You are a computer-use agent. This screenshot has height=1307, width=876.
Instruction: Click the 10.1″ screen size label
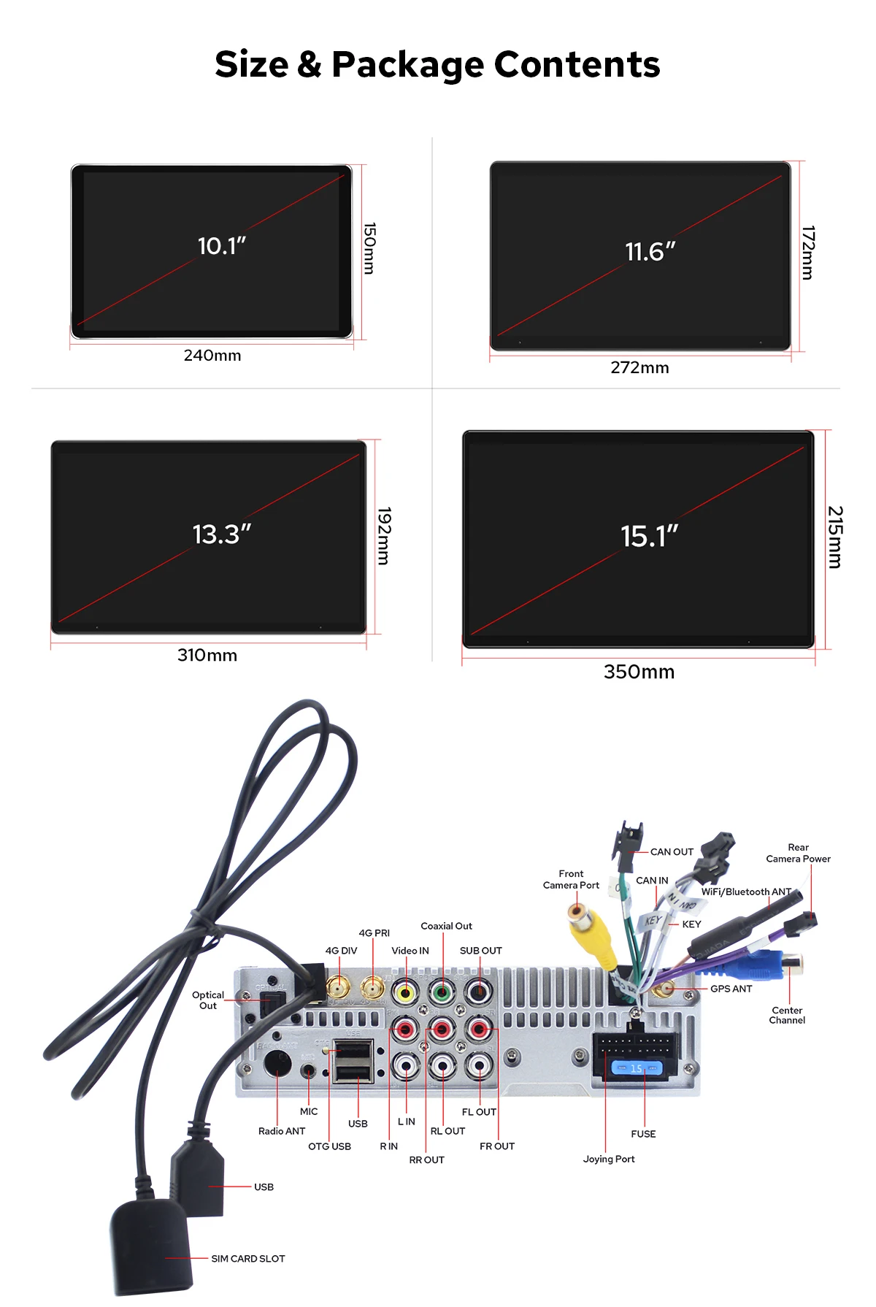[x=222, y=246]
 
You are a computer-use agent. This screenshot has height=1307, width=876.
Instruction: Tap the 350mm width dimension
[x=639, y=672]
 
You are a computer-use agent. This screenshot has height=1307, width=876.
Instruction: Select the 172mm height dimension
[x=807, y=253]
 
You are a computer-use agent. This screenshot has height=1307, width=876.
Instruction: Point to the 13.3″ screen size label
[x=221, y=534]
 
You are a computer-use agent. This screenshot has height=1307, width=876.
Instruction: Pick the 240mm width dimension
[x=212, y=356]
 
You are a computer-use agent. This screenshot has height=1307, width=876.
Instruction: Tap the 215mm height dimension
[x=834, y=537]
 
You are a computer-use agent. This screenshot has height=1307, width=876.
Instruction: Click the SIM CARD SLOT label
[x=248, y=1259]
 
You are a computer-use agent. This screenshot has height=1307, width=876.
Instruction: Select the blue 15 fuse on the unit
[x=636, y=1068]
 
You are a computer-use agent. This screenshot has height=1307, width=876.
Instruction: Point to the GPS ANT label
[x=731, y=989]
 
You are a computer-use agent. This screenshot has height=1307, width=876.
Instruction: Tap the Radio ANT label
[x=282, y=1131]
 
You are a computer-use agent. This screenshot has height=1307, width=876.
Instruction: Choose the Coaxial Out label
[x=446, y=926]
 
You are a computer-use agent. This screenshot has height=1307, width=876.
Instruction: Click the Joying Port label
[x=609, y=1159]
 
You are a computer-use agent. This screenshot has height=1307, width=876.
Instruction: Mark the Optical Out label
[x=208, y=1000]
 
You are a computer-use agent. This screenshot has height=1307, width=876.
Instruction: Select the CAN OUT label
[x=672, y=852]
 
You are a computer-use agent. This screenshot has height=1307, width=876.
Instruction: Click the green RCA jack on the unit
[x=442, y=993]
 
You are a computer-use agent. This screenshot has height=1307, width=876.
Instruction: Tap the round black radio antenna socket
[x=277, y=1064]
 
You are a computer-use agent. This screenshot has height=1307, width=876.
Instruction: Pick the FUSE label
[x=643, y=1134]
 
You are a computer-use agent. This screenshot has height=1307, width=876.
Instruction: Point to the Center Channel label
[x=787, y=1015]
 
